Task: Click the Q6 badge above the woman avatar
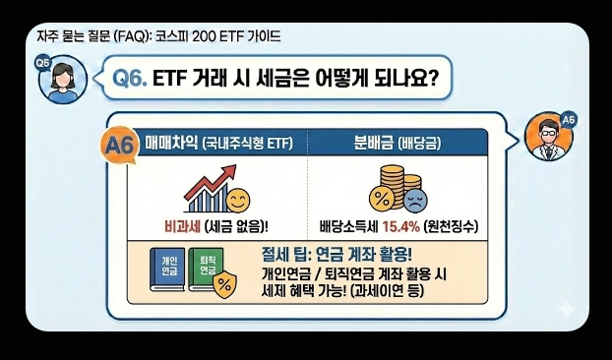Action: [x=42, y=62]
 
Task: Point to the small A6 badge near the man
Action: [x=568, y=120]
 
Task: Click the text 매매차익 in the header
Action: [x=170, y=142]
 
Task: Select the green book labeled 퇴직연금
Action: [x=208, y=269]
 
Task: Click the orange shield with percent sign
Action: [x=224, y=284]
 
